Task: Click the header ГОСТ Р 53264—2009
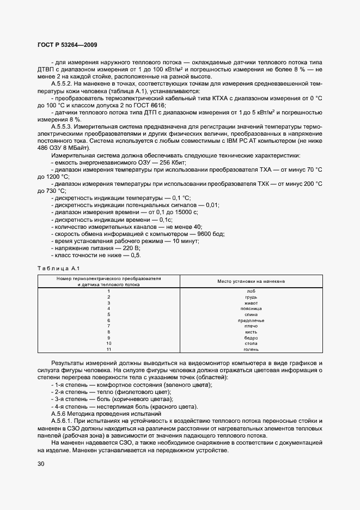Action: coord(68,45)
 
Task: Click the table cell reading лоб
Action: coord(251,292)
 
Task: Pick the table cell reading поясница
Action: coord(251,308)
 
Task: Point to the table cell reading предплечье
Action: coord(251,320)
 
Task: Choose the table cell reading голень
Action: coord(251,349)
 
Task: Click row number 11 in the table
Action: coord(108,349)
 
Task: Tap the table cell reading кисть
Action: coord(251,332)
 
